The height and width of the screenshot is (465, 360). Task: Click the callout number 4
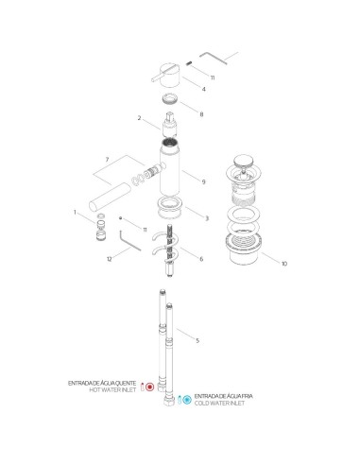[202, 90]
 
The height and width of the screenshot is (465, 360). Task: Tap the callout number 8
[200, 113]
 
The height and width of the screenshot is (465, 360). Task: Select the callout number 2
[139, 119]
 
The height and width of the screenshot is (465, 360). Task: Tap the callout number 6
[200, 257]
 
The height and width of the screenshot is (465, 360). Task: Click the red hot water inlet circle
[149, 387]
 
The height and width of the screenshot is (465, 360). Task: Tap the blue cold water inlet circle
[187, 399]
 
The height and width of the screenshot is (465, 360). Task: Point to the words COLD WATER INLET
[222, 403]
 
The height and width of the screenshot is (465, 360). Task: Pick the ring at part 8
[171, 98]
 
